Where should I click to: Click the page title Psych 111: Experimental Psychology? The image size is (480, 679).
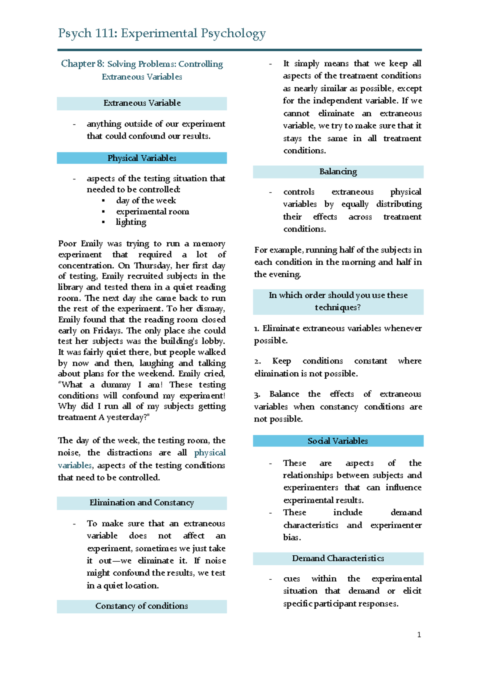tap(162, 33)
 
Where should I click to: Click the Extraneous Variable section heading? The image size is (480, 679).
tap(142, 103)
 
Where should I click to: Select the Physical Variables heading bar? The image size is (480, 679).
tap(142, 158)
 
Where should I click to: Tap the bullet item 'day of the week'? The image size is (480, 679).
tap(146, 201)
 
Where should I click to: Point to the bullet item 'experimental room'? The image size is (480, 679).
tap(152, 211)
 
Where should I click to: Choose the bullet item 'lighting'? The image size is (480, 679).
tap(131, 222)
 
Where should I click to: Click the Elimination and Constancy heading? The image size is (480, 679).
tap(142, 503)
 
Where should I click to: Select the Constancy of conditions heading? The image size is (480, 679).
tap(142, 606)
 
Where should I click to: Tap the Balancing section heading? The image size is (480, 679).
tap(338, 172)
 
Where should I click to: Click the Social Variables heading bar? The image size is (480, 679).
tap(338, 441)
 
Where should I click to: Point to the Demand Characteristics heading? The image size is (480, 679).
tap(338, 558)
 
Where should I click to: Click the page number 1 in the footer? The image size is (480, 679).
tap(419, 635)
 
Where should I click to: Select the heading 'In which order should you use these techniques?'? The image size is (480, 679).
tap(338, 301)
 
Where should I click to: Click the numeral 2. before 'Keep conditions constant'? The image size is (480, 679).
tap(258, 361)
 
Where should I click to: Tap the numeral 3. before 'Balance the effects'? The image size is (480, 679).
tap(257, 395)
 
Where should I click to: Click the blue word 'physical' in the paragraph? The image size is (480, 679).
tap(210, 453)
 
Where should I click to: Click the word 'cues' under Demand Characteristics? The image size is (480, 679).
tap(292, 579)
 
